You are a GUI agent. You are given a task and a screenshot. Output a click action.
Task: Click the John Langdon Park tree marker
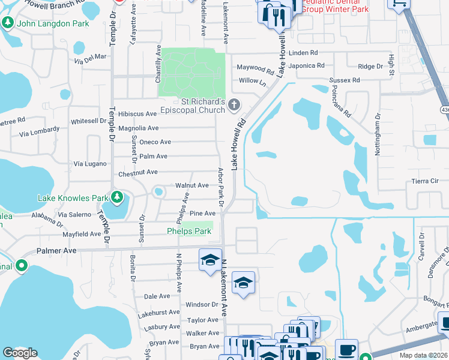click(x=8, y=23)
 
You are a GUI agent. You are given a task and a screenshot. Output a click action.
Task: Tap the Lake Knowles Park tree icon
click(x=118, y=197)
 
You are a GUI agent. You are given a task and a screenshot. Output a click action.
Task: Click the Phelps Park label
click(x=189, y=231)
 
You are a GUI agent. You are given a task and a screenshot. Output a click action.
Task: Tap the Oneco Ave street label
click(x=155, y=142)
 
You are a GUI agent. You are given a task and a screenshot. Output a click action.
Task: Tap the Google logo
click(x=20, y=353)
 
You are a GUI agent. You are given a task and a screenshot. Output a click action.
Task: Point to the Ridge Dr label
click(x=370, y=67)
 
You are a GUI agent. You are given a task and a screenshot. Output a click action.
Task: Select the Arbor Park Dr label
click(x=221, y=187)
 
